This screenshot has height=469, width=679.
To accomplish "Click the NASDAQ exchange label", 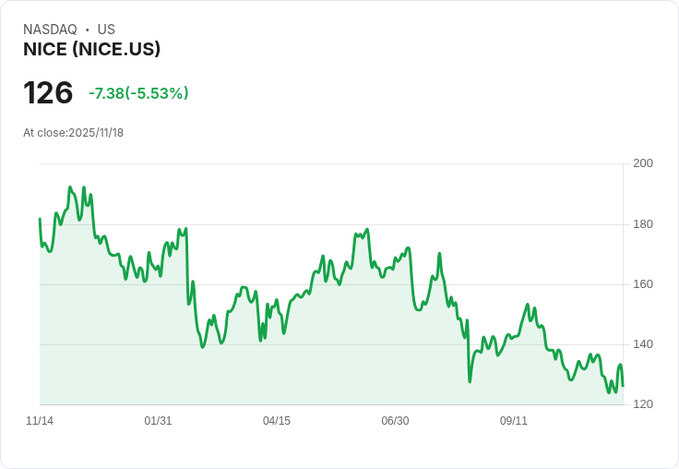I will pyautogui.click(x=50, y=30).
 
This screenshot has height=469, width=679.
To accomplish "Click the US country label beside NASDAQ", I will pyautogui.click(x=106, y=30).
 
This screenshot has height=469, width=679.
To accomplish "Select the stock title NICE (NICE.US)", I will pyautogui.click(x=92, y=49).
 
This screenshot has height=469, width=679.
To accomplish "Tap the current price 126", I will pyautogui.click(x=48, y=93).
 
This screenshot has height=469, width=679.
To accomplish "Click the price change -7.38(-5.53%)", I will pyautogui.click(x=138, y=93).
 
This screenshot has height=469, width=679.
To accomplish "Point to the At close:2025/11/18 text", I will pyautogui.click(x=74, y=133).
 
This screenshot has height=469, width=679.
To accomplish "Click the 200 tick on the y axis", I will pyautogui.click(x=643, y=163).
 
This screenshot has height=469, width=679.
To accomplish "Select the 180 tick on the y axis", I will pyautogui.click(x=643, y=224).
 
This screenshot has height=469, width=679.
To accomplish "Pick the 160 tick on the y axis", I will pyautogui.click(x=643, y=284).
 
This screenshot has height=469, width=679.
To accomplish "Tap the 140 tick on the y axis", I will pyautogui.click(x=643, y=344).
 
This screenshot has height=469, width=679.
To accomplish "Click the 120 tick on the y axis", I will pyautogui.click(x=643, y=404).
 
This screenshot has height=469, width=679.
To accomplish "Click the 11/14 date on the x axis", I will pyautogui.click(x=40, y=421).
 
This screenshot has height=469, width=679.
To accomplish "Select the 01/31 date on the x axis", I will pyautogui.click(x=158, y=421).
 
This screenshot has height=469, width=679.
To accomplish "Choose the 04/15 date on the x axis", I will pyautogui.click(x=277, y=421).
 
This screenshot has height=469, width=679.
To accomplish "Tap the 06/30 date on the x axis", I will pyautogui.click(x=395, y=421).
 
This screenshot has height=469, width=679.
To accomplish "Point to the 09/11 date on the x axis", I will pyautogui.click(x=514, y=421).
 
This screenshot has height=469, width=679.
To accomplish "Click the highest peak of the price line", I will pyautogui.click(x=70, y=187).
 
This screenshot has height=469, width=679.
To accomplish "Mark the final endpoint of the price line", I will pyautogui.click(x=623, y=386).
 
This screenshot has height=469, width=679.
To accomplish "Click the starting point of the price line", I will pyautogui.click(x=40, y=219).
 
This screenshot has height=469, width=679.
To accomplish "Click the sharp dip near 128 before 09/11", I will pyautogui.click(x=470, y=380).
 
